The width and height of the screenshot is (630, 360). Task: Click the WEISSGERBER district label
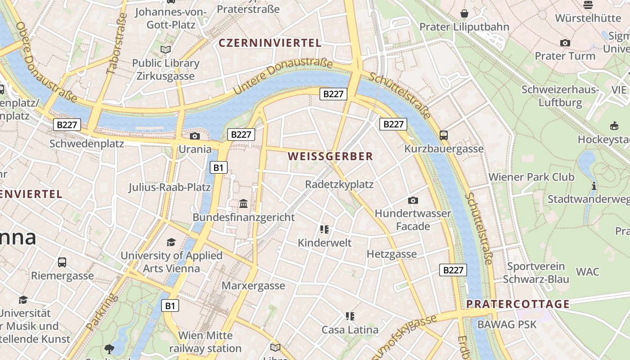tap(330, 157)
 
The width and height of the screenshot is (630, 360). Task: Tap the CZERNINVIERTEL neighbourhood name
tap(270, 43)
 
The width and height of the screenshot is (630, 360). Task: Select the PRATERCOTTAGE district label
tap(518, 304)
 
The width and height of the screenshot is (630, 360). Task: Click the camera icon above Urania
tap(195, 136)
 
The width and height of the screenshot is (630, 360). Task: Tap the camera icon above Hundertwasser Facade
tap(413, 200)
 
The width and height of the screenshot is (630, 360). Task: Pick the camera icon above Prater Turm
tap(565, 43)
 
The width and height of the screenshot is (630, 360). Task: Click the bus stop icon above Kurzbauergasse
tap(444, 135)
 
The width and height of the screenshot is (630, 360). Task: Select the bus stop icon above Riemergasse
tap(62, 262)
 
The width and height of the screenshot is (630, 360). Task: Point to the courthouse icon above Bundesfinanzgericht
tap(243, 204)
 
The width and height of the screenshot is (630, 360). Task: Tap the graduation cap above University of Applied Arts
tap(171, 243)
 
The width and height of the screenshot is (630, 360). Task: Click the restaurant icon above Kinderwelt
tap(324, 229)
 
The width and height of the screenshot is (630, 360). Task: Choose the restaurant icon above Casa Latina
tap(350, 316)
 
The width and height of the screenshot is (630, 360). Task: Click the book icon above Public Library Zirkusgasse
tap(166, 49)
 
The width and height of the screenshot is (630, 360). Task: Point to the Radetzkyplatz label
tap(339, 184)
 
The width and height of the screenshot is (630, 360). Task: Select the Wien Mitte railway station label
tap(205, 342)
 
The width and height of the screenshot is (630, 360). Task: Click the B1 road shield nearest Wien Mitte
tap(170, 306)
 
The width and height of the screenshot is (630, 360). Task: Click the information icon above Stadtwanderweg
tap(594, 186)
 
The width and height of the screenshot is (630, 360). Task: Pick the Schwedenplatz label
tap(86, 144)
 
